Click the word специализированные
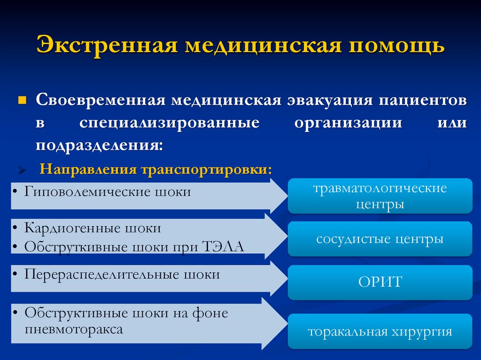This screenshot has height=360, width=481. pos(169,123)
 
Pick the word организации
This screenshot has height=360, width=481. pos(349,123)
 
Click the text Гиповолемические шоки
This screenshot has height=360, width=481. pos(108,192)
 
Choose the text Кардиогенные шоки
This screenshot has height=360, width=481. pos(93,228)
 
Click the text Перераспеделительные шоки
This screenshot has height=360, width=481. pos(122,274)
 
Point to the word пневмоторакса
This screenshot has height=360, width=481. pos(74,329)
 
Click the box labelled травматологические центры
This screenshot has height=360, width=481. pos(380,196)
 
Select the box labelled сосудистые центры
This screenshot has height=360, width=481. pos(380,239)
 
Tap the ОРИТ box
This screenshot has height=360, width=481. pos(380,282)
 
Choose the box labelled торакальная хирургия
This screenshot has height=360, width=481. pos(380,332)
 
